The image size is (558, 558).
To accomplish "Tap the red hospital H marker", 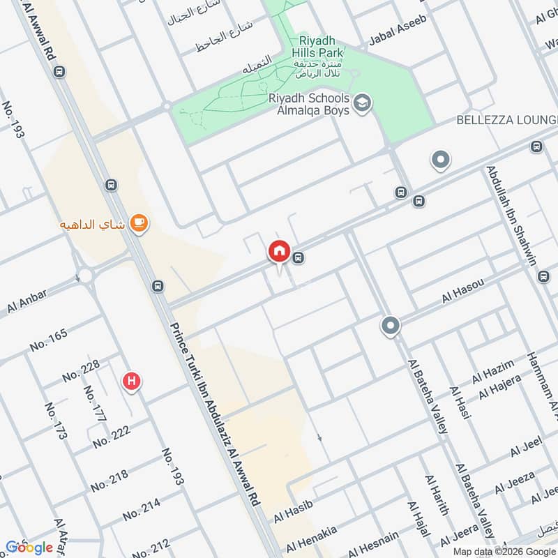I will click(x=130, y=382).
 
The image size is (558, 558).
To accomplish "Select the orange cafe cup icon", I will click(x=139, y=223).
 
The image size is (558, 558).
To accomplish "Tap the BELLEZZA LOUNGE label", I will click(x=506, y=120).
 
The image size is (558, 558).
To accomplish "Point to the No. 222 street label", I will click(x=111, y=437).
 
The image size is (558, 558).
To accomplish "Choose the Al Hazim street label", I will click(x=493, y=372).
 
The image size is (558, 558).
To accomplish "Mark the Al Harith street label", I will click(x=433, y=495).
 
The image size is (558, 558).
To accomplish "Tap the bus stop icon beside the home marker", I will click(x=299, y=258).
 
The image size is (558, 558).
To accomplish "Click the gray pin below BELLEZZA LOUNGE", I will click(x=440, y=160).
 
